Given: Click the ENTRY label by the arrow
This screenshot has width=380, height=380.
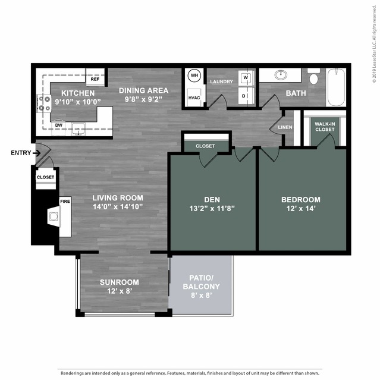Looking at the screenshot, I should [x=20, y=153].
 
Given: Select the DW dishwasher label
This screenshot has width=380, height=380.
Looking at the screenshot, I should [x=59, y=125].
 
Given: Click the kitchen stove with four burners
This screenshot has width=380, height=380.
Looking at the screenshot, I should [x=44, y=104].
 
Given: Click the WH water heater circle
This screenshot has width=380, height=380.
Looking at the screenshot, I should [x=194, y=76].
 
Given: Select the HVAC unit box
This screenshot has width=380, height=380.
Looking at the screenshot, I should [x=194, y=98].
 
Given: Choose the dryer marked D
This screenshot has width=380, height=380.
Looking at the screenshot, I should [x=245, y=96].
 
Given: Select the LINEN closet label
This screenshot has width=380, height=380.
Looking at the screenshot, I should [x=284, y=127].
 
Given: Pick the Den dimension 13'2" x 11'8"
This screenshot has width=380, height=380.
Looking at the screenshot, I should [x=212, y=209].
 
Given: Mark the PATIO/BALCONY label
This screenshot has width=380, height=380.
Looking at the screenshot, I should [x=205, y=282].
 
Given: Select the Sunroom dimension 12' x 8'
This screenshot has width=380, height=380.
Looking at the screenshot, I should [x=119, y=291].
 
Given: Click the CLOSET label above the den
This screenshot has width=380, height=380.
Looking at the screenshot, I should [x=205, y=146].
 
